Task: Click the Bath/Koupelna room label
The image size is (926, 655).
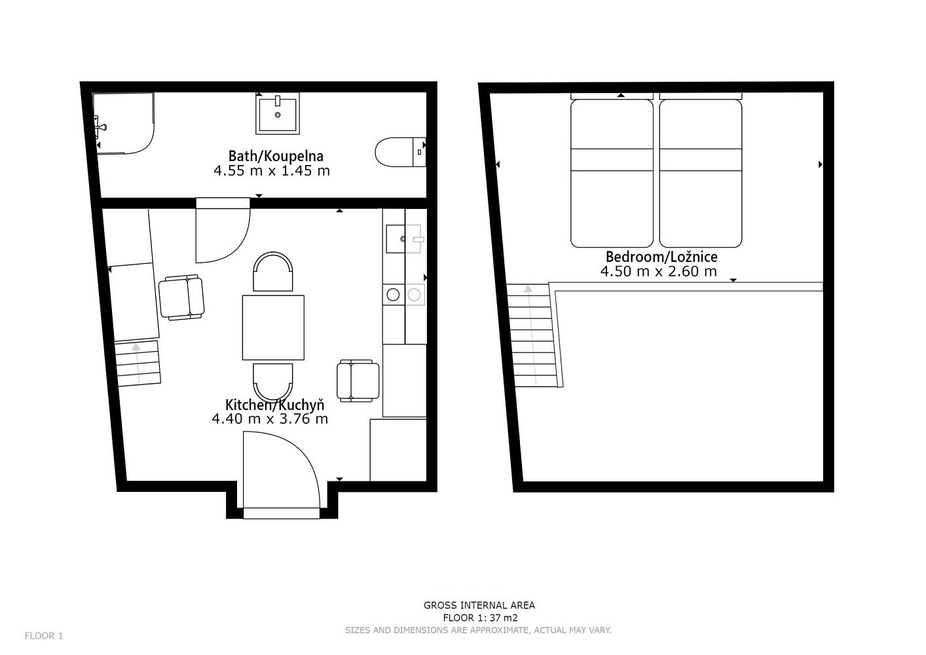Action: [x=276, y=157]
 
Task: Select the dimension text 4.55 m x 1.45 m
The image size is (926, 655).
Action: [x=272, y=171]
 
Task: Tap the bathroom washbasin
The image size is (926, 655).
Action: [x=278, y=113]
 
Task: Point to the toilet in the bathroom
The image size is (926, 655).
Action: [x=400, y=152]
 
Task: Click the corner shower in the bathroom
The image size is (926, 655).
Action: [x=124, y=123]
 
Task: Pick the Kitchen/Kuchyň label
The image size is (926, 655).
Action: [x=274, y=404]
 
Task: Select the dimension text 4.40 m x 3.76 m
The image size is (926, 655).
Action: [x=270, y=419]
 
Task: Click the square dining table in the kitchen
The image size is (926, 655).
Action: [x=273, y=327]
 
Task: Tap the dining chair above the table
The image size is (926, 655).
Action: [x=273, y=272]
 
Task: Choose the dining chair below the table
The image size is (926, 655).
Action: [x=273, y=383]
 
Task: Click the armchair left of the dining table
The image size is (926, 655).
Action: [x=181, y=297]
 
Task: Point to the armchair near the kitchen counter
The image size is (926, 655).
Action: [x=358, y=381]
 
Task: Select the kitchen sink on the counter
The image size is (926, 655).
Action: [x=403, y=238]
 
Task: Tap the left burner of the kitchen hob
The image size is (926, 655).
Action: [x=393, y=295]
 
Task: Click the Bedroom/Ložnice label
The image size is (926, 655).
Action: [x=661, y=257]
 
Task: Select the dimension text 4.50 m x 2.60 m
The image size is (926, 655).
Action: [x=659, y=272]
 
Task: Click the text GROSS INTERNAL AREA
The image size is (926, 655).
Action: [x=479, y=605]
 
